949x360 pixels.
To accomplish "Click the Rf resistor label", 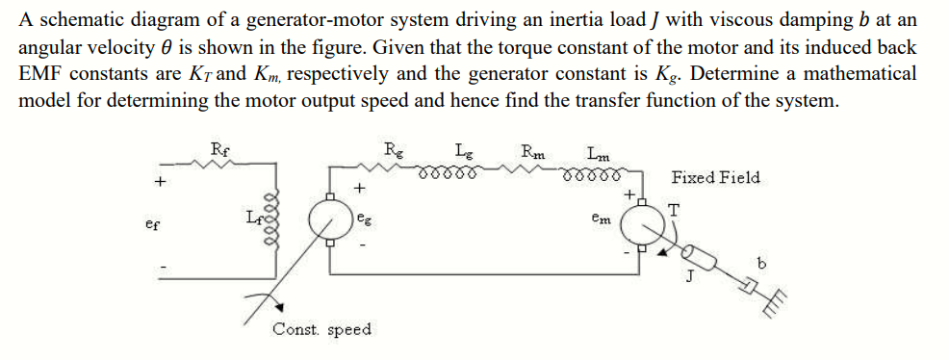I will point(220,148).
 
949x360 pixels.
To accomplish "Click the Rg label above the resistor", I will point(394,148).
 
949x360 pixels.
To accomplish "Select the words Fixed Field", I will point(715,177).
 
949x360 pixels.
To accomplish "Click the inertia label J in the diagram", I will point(690,281).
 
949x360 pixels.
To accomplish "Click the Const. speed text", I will point(321,330).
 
